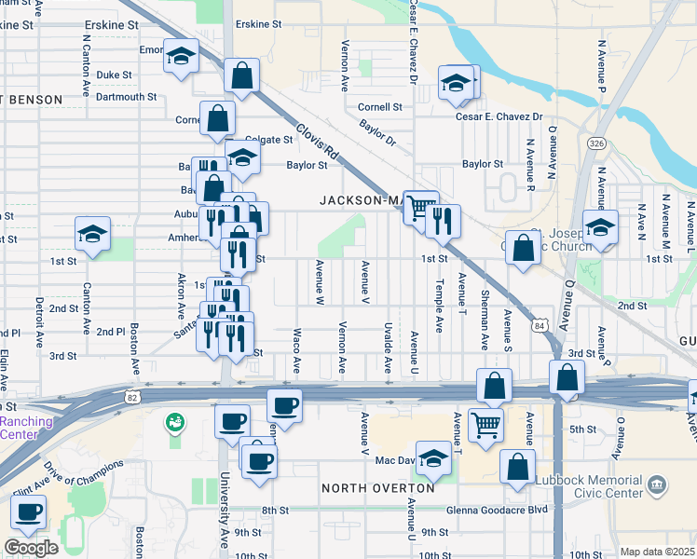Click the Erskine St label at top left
(111, 24)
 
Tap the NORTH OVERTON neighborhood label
(377, 488)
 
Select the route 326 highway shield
(597, 143)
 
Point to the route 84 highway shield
(540, 326)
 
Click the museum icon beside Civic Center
(658, 484)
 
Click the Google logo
(32, 547)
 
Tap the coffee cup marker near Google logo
(29, 512)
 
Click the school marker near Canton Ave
(93, 234)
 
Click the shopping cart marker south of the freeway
(486, 426)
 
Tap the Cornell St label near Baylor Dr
(380, 107)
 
